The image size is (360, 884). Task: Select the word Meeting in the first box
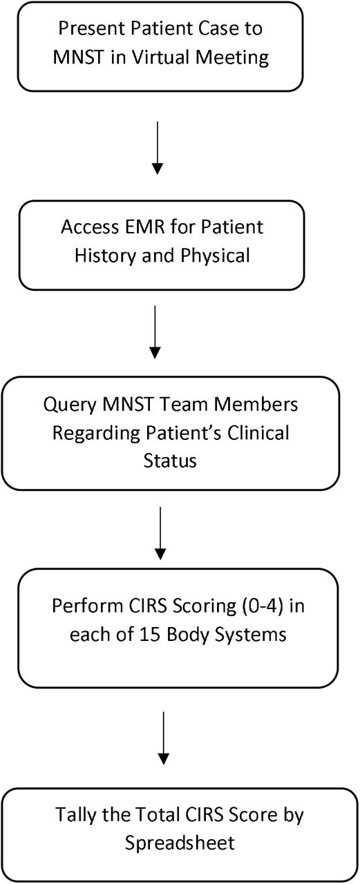coord(232,58)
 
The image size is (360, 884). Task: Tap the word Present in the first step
coord(93,28)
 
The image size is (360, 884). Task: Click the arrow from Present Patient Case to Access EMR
coord(158,148)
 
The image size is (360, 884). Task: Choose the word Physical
coord(215,256)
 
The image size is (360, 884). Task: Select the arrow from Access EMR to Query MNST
coord(155,332)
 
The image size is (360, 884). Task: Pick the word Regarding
coord(96,434)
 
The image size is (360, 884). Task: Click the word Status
coord(170,461)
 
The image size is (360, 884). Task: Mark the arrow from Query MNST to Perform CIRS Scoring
coord(160,534)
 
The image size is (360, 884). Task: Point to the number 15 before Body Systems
coord(150,635)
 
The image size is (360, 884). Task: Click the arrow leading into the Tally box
coord(164,739)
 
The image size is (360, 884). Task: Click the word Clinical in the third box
coord(258,433)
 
